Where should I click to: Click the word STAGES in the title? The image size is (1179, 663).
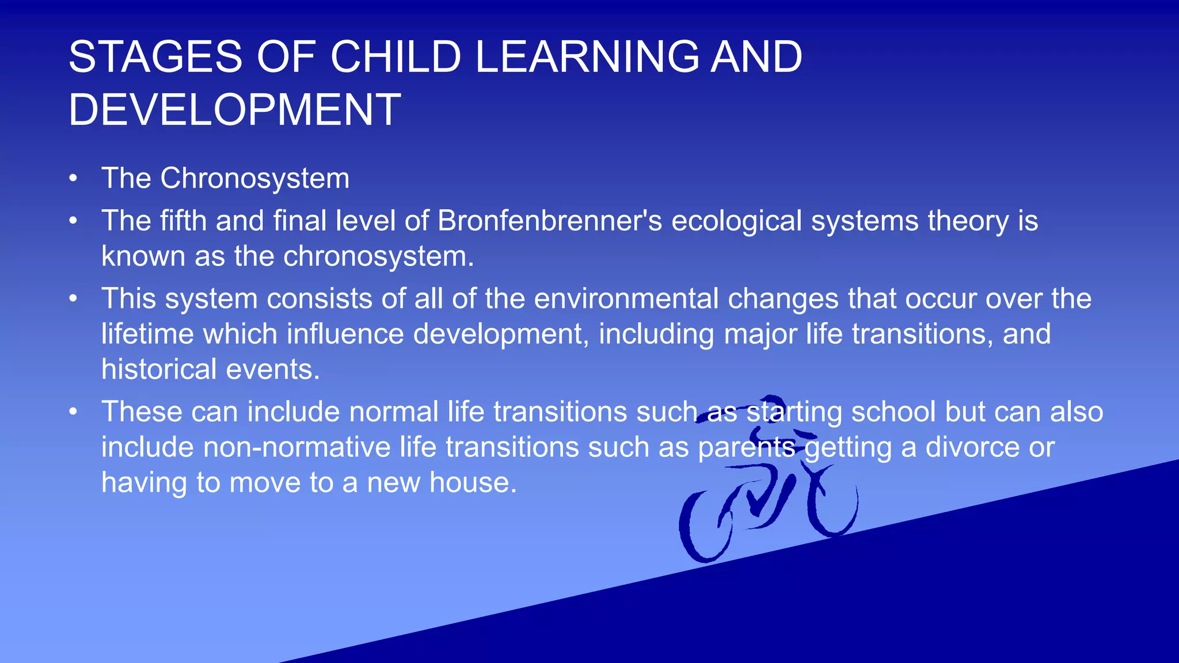[155, 57]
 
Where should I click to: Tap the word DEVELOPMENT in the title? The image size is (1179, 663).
[234, 109]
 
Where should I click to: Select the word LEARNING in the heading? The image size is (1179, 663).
[587, 57]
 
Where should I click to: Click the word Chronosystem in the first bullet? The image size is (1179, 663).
[254, 178]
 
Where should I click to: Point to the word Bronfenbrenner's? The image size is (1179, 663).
[550, 221]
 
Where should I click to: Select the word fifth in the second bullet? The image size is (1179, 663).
[183, 221]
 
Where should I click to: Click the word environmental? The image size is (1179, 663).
[626, 299]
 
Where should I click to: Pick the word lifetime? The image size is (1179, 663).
[147, 334]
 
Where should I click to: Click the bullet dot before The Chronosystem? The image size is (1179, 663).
[73, 179]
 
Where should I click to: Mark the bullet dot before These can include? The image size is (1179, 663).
[73, 413]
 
